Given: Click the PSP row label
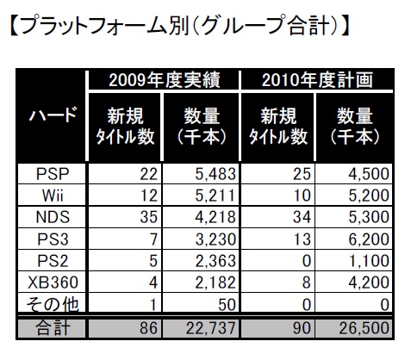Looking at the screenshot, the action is point(53,174).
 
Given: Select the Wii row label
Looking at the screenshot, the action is point(53,196).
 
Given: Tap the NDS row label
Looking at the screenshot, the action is point(53,217).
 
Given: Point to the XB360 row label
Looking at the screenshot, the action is point(53,282).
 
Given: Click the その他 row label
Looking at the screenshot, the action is point(53,304).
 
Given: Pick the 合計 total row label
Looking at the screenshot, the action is point(53,328).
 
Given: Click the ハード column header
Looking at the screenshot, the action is point(53,114).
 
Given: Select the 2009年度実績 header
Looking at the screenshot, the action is point(165,80).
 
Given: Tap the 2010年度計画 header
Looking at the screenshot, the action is point(317,80).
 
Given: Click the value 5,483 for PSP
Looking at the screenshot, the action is point(215,174).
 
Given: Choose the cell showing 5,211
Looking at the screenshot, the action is point(215,196).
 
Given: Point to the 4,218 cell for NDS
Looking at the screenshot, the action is point(215,217).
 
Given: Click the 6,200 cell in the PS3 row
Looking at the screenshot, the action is point(369,239).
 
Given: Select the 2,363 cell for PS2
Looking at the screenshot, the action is point(215,261).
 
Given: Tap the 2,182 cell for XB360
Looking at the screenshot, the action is point(215,282).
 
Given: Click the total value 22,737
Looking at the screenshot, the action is point(211,328).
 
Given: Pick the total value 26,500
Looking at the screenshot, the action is point(364,328).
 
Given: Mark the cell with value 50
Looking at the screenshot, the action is point(227,304).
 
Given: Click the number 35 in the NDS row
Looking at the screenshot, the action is point(149,217).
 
